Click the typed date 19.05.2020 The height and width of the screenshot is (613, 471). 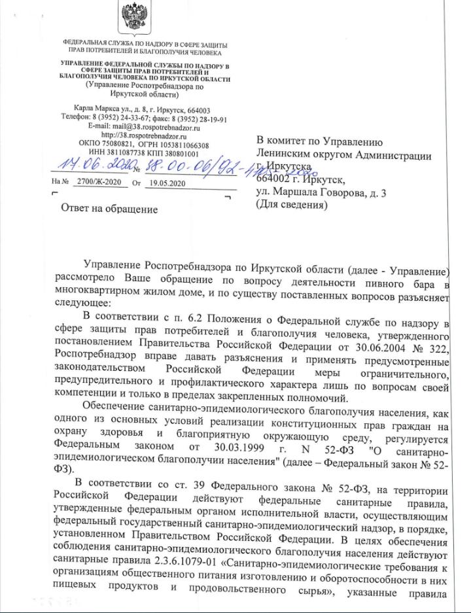(x=164, y=184)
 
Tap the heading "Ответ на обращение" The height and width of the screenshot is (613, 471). (x=109, y=209)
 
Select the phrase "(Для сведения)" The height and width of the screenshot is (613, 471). (x=291, y=205)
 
